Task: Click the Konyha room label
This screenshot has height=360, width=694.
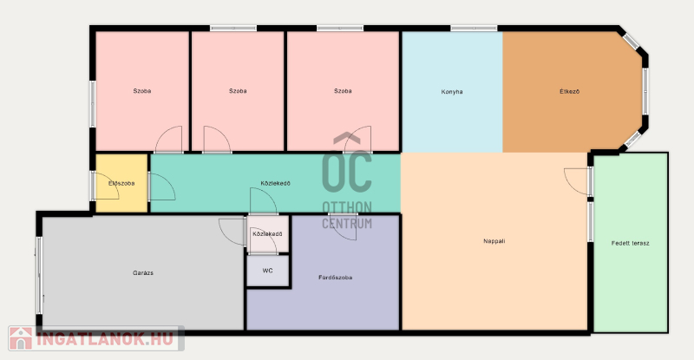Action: tap(452, 92)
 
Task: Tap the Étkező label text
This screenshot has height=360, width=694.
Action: tap(569, 91)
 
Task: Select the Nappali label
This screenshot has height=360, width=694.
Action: tap(494, 241)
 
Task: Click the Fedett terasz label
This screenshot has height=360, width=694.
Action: tap(631, 243)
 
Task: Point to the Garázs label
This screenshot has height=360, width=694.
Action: tap(143, 272)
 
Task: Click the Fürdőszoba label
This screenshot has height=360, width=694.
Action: tap(336, 278)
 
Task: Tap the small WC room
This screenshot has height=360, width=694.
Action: tap(268, 271)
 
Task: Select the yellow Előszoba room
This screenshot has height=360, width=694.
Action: tap(121, 183)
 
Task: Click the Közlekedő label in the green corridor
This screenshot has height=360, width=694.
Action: tap(275, 183)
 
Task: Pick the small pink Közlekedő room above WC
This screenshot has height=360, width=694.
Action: tap(268, 234)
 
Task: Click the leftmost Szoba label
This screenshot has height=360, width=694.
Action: tap(142, 91)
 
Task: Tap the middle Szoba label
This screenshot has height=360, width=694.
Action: tap(238, 91)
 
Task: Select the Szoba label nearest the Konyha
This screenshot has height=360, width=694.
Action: tap(343, 91)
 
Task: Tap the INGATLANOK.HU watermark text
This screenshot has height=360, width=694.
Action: tap(104, 339)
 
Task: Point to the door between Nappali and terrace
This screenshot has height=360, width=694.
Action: tap(576, 181)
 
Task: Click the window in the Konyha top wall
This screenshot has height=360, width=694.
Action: tap(474, 29)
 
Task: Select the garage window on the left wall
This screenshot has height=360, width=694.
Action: tap(39, 276)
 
